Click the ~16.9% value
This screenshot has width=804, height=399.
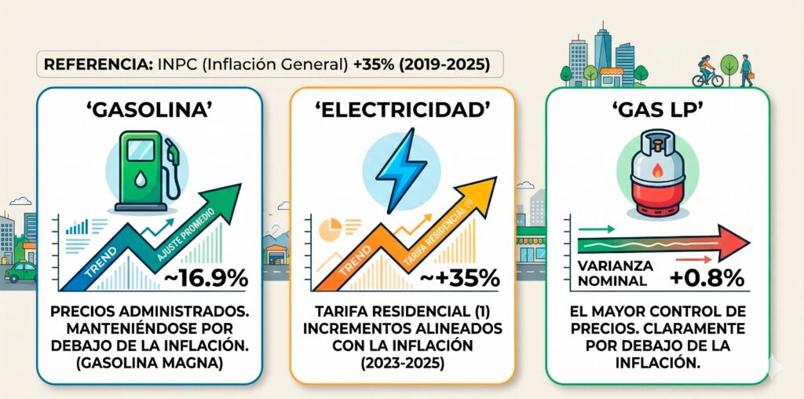tap(206, 277)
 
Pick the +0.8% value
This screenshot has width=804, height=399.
tap(706, 278)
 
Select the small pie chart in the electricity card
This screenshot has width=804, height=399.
tap(329, 229)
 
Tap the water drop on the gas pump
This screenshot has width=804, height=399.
tap(138, 180)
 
